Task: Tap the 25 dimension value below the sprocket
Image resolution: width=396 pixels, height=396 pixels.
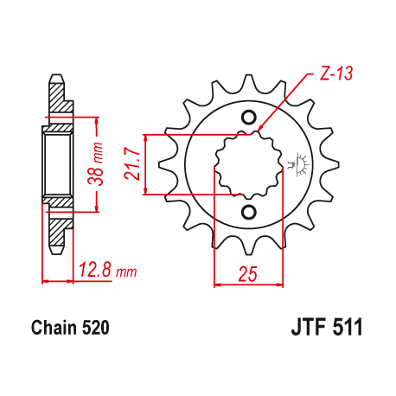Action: pos(248,275)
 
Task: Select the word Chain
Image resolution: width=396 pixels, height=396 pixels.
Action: pos(54,329)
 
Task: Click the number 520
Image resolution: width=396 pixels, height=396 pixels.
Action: pos(93,329)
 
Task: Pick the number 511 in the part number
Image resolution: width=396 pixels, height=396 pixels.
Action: pos(345,329)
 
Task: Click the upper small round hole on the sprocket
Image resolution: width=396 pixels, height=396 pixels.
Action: pos(249,118)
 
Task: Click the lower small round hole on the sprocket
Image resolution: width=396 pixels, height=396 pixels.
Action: pos(249,212)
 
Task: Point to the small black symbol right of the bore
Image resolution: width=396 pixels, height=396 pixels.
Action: pos(302,162)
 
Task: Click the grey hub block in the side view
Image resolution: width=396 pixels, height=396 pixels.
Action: pos(57,163)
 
